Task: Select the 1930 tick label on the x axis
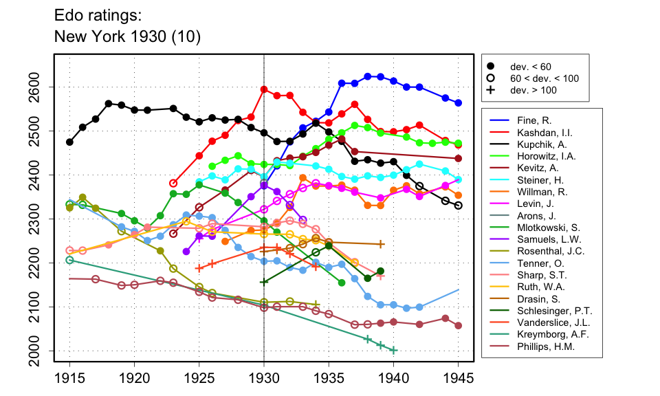pos(264,379)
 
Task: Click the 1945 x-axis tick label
pos(459,379)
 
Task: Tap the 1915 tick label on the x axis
pos(69,379)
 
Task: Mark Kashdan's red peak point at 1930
pos(264,89)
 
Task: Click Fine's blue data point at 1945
pos(459,103)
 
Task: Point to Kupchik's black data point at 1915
pos(69,142)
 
